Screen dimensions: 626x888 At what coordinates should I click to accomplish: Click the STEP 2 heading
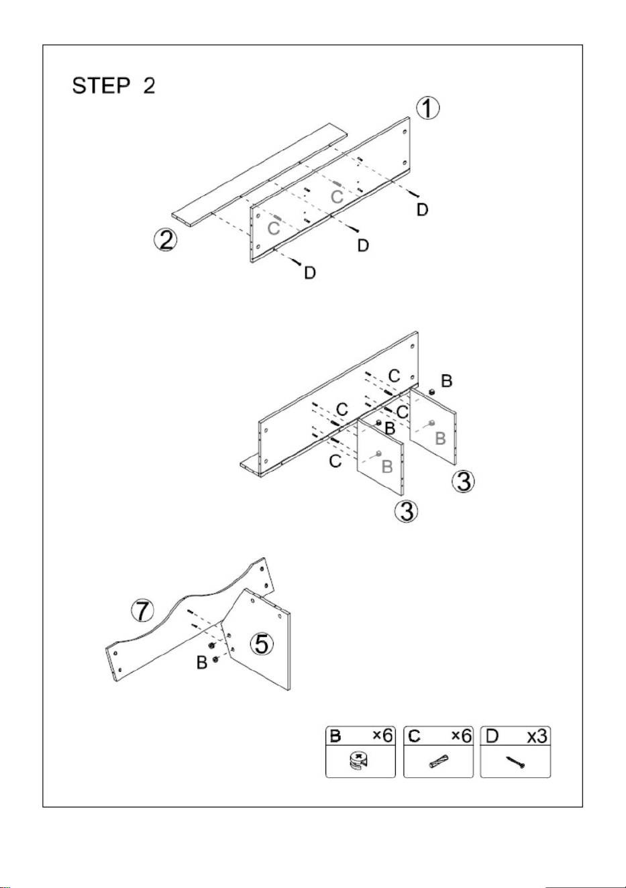coord(113,86)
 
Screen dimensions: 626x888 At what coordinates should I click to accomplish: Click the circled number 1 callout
coord(427,108)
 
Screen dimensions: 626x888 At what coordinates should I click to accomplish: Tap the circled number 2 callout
coord(166,240)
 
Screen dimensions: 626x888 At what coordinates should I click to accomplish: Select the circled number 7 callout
coord(143,622)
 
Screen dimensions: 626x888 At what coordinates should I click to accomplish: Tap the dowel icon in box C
coord(438,760)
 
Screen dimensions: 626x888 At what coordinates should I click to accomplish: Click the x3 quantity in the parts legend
coord(537,736)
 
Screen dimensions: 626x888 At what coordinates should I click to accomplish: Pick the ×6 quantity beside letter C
coord(462,736)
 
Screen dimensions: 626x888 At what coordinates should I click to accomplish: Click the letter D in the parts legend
coord(492,736)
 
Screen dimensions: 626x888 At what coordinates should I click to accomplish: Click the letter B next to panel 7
coord(202,663)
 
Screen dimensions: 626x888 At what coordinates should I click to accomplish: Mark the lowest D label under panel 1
coord(310,272)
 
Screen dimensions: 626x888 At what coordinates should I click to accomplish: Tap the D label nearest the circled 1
coord(423,209)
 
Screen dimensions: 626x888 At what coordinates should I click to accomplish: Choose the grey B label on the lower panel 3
coord(386,467)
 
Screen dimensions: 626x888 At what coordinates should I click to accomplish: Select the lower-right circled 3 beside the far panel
coord(464,482)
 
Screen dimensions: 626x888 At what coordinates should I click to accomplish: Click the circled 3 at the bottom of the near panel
coord(406,510)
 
